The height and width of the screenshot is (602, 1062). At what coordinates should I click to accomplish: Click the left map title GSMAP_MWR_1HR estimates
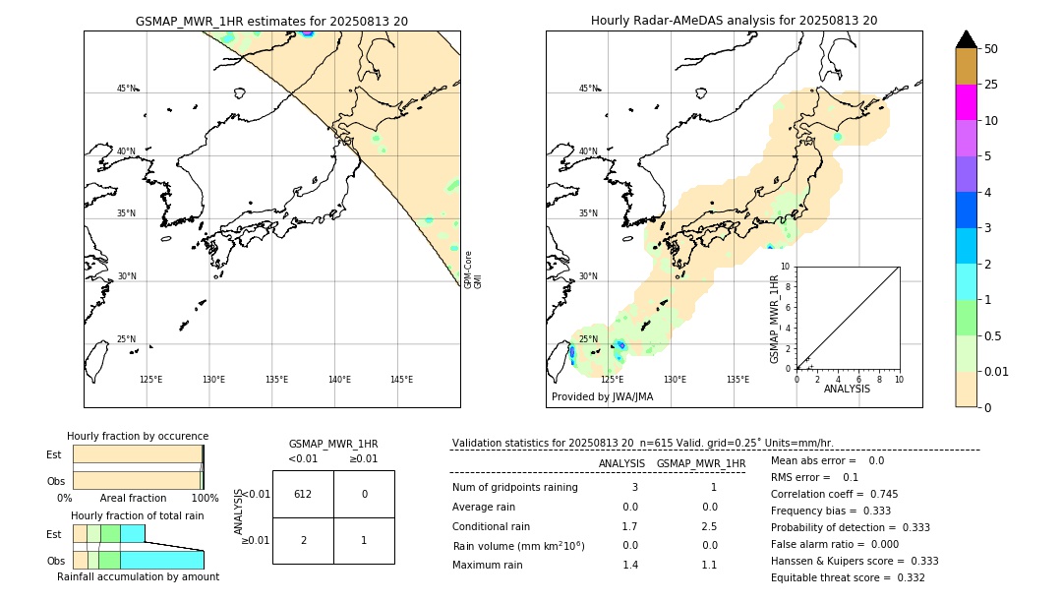pyautogui.click(x=271, y=21)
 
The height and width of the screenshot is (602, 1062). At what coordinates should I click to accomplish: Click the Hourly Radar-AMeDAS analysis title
pyautogui.click(x=734, y=21)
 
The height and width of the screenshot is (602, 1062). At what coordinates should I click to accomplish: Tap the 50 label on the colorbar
pyautogui.click(x=992, y=49)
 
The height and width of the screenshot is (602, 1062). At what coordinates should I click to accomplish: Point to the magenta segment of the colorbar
pyautogui.click(x=967, y=102)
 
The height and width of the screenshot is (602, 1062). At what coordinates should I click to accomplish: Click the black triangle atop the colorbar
pyautogui.click(x=967, y=39)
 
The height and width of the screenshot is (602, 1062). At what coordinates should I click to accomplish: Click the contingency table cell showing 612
pyautogui.click(x=303, y=494)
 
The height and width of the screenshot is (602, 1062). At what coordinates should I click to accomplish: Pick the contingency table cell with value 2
pyautogui.click(x=303, y=540)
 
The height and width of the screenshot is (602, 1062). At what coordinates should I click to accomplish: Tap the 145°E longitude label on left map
pyautogui.click(x=401, y=380)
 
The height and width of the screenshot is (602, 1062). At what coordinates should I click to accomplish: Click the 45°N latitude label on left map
pyautogui.click(x=127, y=89)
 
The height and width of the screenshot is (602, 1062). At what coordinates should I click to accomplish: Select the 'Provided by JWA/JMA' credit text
pyautogui.click(x=602, y=397)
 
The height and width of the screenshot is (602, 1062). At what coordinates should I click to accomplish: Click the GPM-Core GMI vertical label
pyautogui.click(x=473, y=270)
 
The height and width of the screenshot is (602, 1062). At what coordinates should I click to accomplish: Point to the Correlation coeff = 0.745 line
pyautogui.click(x=834, y=495)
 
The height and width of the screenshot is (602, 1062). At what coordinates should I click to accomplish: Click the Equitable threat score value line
pyautogui.click(x=848, y=577)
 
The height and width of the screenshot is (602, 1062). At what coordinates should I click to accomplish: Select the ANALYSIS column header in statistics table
pyautogui.click(x=621, y=463)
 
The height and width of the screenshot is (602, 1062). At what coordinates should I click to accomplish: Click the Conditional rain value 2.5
pyautogui.click(x=709, y=526)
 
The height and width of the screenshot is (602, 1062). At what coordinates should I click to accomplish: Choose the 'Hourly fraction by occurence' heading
pyautogui.click(x=138, y=436)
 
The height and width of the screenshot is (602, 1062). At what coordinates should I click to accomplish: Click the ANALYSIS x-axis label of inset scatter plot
pyautogui.click(x=848, y=389)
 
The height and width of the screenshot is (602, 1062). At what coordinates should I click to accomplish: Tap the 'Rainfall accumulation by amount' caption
pyautogui.click(x=138, y=577)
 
